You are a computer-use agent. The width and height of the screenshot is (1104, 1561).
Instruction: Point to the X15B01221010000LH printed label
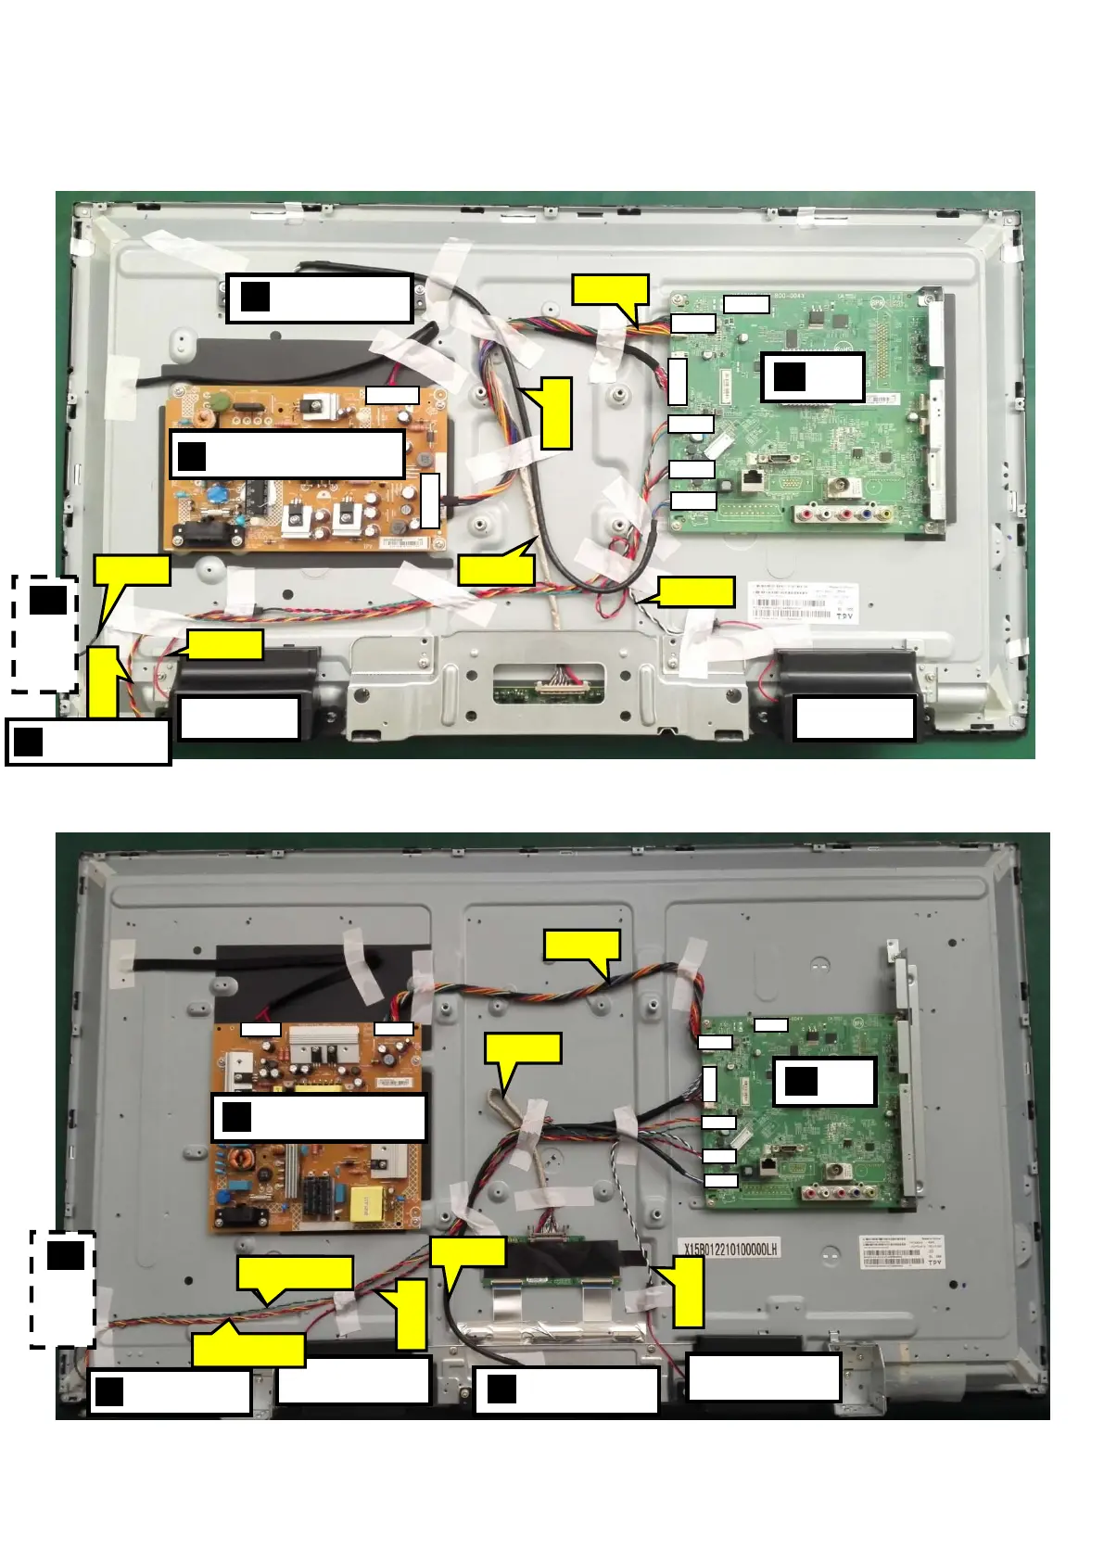coord(730,1249)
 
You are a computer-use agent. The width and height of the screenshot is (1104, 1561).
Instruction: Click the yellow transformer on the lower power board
coord(361,1202)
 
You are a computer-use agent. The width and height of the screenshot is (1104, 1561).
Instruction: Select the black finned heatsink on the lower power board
coord(318,1196)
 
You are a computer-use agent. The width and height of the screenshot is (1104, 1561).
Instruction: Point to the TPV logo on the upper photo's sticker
coord(844,616)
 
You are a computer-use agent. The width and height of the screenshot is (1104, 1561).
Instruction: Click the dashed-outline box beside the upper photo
coord(44,634)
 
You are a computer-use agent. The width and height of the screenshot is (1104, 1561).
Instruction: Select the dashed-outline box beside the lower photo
coord(63,1288)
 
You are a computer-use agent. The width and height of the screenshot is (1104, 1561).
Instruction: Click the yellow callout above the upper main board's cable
coord(609,289)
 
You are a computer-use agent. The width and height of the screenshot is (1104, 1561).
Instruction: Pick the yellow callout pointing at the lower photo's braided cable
coord(522,1048)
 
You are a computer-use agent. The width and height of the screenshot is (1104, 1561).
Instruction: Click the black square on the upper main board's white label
coord(790,376)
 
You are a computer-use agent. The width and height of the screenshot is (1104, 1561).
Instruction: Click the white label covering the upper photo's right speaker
coord(855,718)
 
